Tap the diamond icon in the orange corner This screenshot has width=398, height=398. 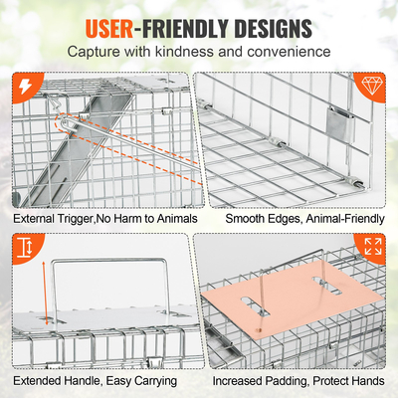tap(374, 88)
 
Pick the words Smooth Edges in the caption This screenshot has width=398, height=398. tap(254, 218)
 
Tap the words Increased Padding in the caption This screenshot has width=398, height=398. tap(258, 379)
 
